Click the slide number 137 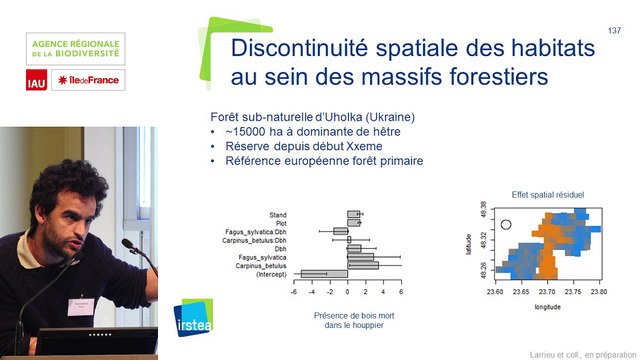[x=615, y=31]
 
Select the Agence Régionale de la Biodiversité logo [x=76, y=47]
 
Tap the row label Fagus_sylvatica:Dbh [x=255, y=231]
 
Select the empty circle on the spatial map [x=507, y=225]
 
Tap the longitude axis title [x=546, y=306]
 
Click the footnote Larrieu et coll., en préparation [x=582, y=352]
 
